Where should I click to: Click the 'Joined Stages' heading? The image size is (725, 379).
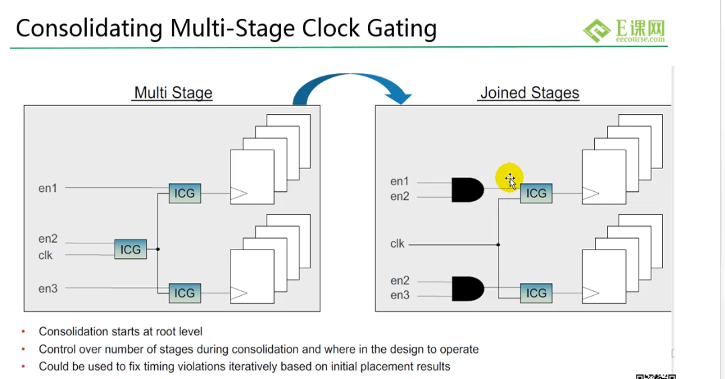click(529, 93)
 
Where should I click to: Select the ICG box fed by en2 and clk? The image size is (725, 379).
click(131, 250)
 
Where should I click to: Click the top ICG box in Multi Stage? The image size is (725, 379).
click(184, 193)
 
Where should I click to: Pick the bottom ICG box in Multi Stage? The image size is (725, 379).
click(184, 293)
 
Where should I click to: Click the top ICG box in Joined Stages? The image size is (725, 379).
click(536, 193)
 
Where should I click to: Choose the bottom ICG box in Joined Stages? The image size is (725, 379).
click(536, 293)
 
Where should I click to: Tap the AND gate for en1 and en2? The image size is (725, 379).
click(468, 190)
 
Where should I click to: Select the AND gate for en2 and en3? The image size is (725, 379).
click(468, 288)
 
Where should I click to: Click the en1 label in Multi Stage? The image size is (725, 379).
click(48, 188)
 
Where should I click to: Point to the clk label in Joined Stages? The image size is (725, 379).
click(397, 243)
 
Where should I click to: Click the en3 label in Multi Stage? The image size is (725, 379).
click(48, 288)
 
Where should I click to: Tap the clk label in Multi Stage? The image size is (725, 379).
click(46, 255)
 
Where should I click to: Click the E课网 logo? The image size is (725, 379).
click(624, 31)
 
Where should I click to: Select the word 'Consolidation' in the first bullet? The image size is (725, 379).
click(68, 331)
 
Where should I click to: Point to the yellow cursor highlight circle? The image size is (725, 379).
click(509, 177)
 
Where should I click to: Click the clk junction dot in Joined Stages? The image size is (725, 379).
click(498, 244)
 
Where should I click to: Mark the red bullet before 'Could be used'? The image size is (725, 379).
click(23, 366)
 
